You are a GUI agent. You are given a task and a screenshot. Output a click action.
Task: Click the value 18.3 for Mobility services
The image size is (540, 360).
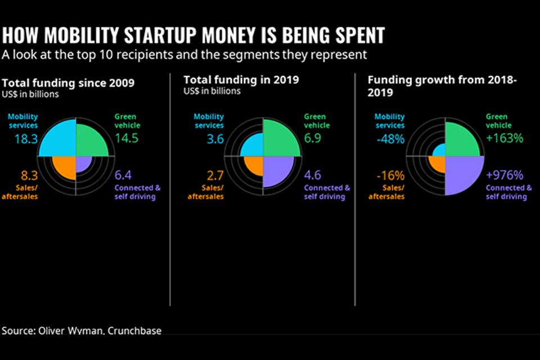22,139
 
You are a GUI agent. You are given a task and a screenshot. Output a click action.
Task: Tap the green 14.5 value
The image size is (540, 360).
126,138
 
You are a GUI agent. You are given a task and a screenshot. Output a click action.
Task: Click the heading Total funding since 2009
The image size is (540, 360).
68,83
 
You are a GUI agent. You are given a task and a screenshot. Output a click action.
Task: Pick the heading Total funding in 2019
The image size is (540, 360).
241,80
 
